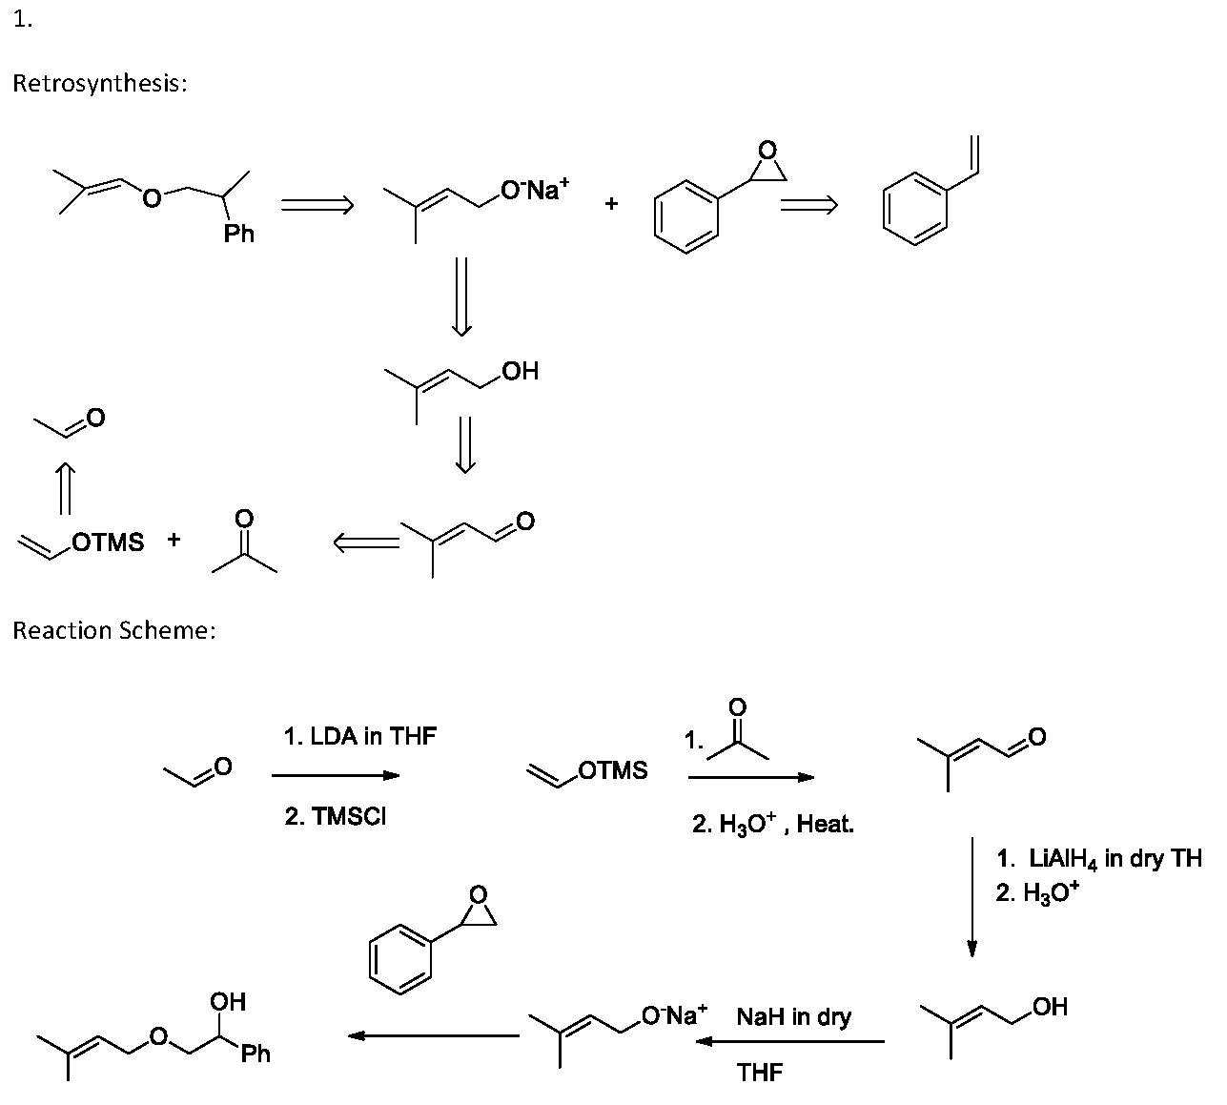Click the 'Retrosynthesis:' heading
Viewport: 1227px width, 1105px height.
click(99, 83)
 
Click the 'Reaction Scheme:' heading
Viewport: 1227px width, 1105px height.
click(113, 630)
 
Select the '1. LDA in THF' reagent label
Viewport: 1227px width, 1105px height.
click(359, 736)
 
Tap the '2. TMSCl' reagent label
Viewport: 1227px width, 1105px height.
click(336, 817)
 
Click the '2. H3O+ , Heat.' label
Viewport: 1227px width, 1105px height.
click(772, 825)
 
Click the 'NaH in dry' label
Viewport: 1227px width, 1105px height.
click(793, 1017)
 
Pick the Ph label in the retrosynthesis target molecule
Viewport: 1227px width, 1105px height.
click(239, 233)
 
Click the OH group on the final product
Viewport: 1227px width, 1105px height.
click(228, 1001)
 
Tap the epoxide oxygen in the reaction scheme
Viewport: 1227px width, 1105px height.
click(479, 894)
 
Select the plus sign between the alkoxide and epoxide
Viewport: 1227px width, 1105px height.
click(611, 203)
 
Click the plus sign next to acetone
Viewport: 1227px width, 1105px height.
click(174, 540)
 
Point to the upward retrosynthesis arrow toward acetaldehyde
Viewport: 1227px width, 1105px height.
click(65, 488)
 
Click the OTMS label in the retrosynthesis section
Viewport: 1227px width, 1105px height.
click(108, 542)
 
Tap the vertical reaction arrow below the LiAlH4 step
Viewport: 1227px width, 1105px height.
click(971, 896)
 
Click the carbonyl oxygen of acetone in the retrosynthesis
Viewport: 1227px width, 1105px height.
click(244, 518)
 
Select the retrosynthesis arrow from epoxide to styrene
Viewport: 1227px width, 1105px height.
click(808, 205)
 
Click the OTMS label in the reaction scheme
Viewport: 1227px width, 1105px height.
click(612, 770)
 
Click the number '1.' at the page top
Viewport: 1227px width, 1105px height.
click(23, 20)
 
